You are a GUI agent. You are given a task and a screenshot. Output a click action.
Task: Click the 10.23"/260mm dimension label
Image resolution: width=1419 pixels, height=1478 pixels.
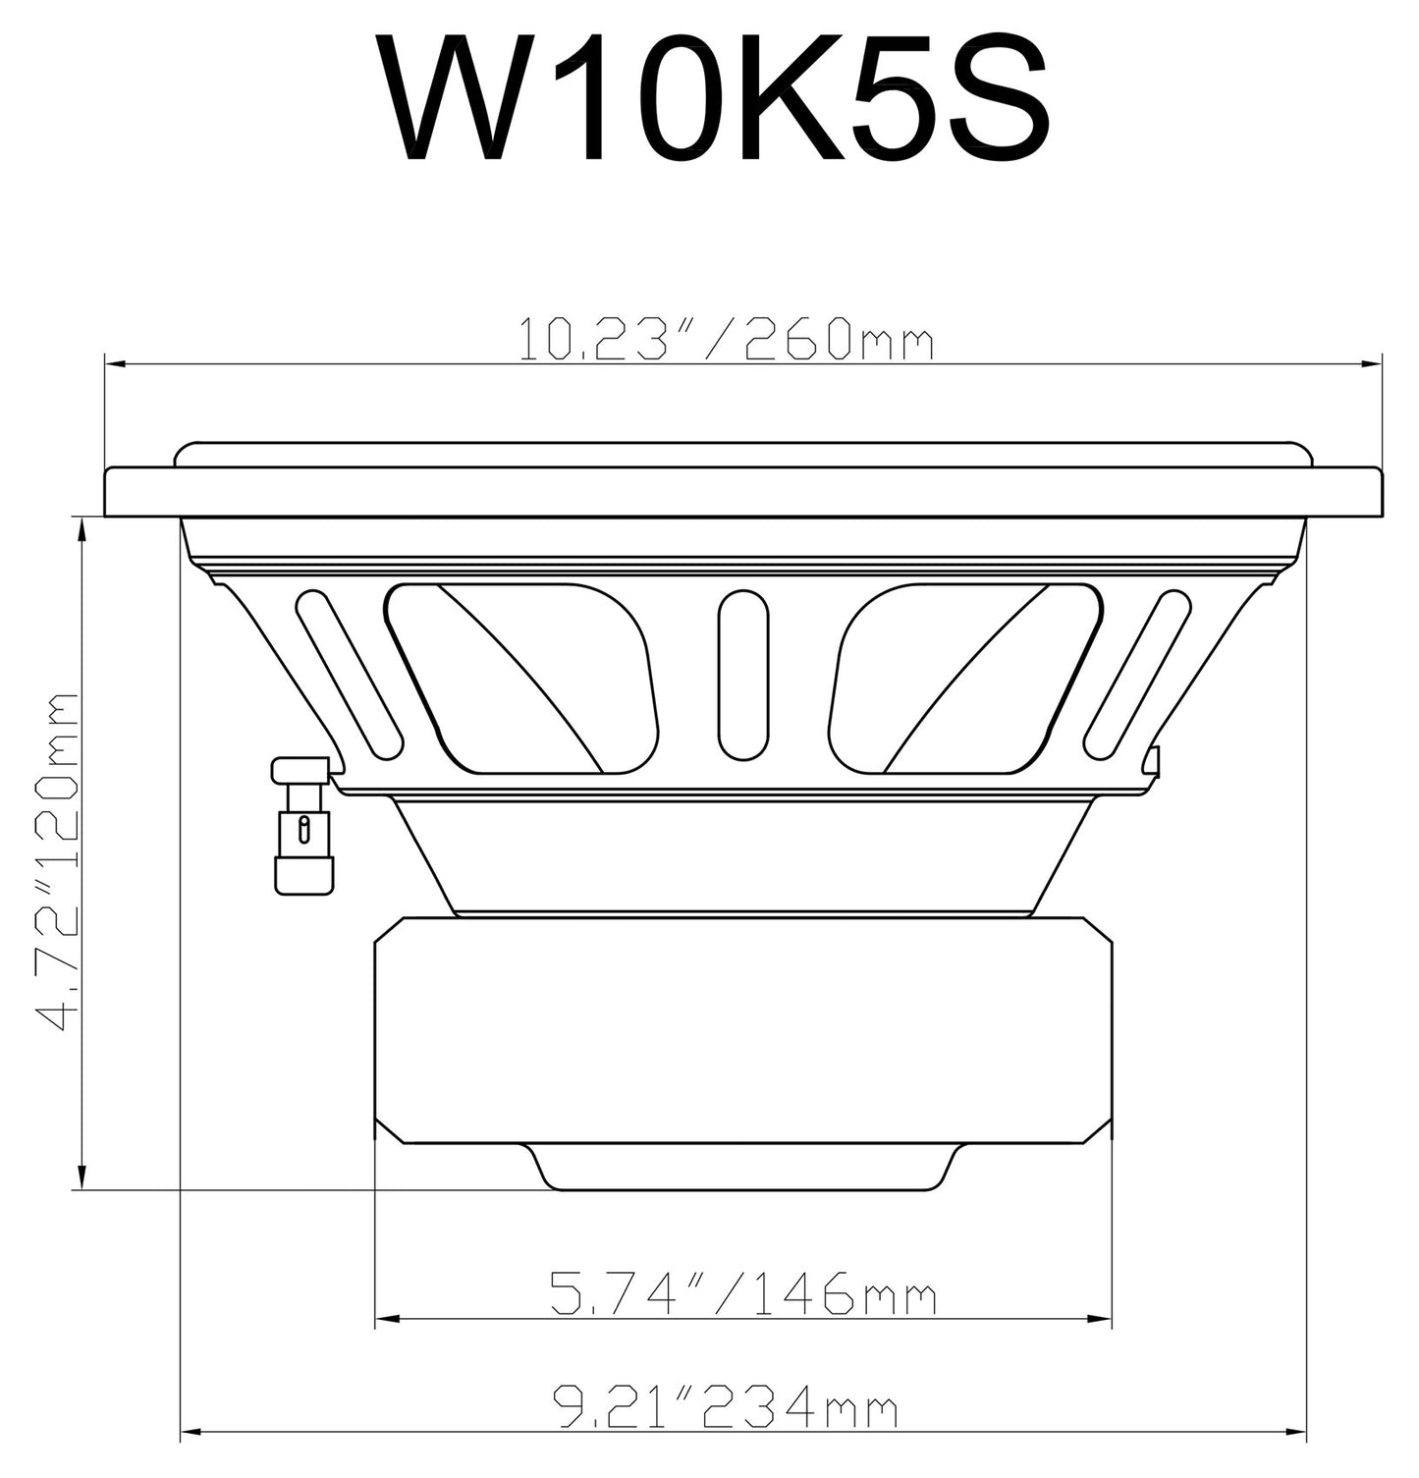click(x=725, y=340)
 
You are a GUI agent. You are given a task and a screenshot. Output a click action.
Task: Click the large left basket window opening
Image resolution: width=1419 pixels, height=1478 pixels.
click(x=520, y=678)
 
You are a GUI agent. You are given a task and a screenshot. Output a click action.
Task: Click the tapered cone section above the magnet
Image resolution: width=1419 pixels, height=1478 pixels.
click(x=743, y=854)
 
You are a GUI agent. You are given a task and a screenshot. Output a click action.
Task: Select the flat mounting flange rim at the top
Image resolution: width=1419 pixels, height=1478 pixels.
click(x=743, y=491)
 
